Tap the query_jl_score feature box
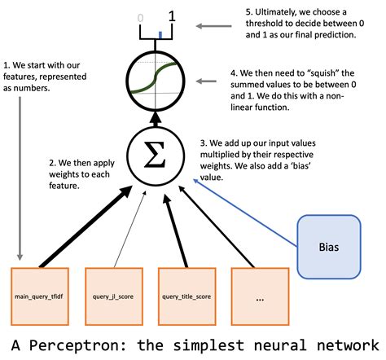(113, 296)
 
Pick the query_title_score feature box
(186, 296)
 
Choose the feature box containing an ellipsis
(259, 296)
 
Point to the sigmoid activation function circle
(152, 83)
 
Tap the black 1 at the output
(172, 15)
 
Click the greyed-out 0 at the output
(140, 16)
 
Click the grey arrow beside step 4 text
(210, 81)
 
